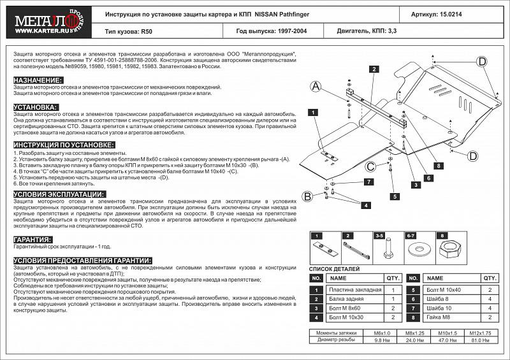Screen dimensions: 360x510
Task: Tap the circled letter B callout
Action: [x=307, y=196]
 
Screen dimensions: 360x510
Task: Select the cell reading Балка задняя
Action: [x=347, y=299]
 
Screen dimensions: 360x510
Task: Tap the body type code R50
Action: [x=147, y=30]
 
